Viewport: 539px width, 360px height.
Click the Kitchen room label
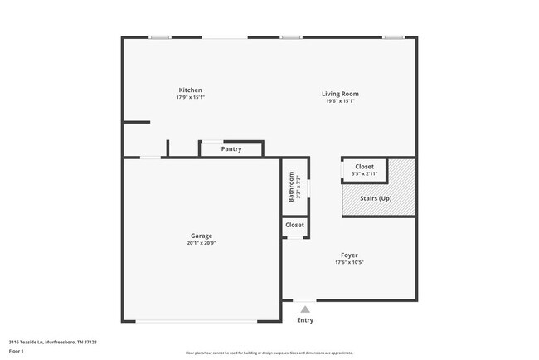tap(191, 90)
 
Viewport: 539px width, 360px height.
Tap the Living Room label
tap(340, 94)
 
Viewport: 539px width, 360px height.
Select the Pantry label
tap(231, 149)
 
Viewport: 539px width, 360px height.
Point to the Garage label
tap(202, 236)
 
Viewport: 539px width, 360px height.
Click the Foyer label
tap(349, 255)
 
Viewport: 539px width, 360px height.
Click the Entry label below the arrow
tap(305, 320)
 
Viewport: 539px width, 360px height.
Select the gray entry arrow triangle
tap(305, 309)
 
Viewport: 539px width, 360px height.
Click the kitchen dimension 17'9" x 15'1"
tap(190, 98)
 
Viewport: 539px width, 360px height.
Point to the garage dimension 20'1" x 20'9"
tap(202, 243)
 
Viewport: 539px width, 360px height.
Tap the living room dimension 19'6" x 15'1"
tap(340, 101)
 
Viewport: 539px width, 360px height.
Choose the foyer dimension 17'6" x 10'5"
tap(349, 262)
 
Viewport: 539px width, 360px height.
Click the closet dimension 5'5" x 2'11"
tap(365, 174)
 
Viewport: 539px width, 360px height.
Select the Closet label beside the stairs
tap(365, 167)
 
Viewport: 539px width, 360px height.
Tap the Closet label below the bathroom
tap(294, 225)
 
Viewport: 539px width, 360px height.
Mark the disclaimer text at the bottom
tap(269, 353)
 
